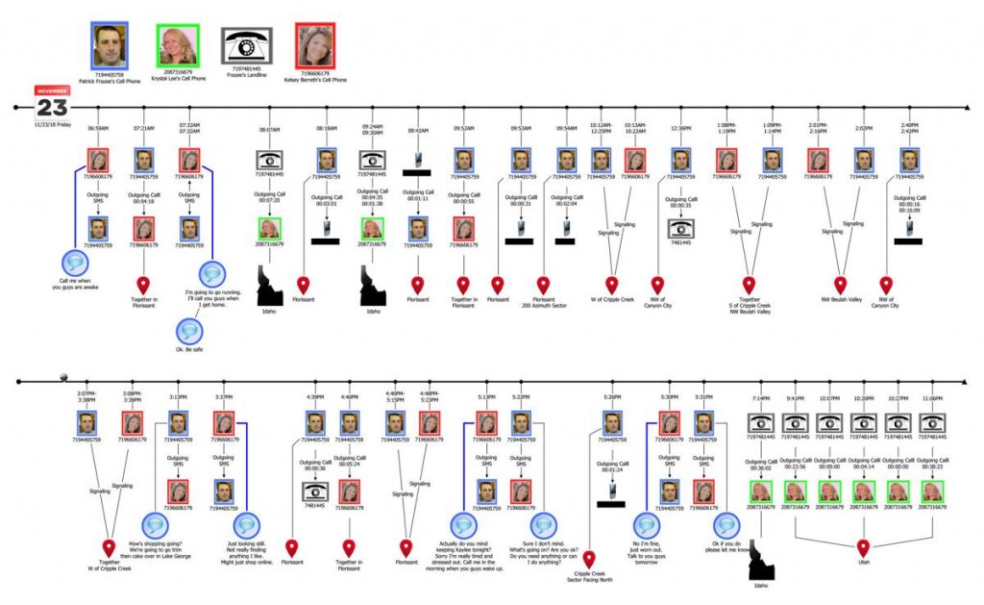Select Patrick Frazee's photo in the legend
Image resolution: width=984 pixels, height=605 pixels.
coord(110,45)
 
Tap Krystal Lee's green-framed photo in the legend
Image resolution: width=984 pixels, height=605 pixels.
coord(177,45)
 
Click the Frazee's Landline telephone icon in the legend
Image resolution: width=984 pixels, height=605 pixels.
coord(246,45)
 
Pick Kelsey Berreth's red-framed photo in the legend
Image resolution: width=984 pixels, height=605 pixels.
coord(315,45)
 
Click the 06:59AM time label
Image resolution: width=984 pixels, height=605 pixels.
coord(98,128)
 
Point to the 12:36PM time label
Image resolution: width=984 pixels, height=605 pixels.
coord(680,128)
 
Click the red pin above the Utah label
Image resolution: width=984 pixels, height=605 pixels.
coord(863,548)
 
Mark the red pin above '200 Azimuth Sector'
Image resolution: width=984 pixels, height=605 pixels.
coord(544,286)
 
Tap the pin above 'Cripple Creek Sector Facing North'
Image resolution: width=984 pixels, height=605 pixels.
coord(589,559)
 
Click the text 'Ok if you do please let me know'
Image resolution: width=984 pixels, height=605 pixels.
coord(727,549)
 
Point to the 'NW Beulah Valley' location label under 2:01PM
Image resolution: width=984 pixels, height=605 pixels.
coord(840,299)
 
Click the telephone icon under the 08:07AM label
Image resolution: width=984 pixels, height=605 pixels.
coord(268,160)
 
